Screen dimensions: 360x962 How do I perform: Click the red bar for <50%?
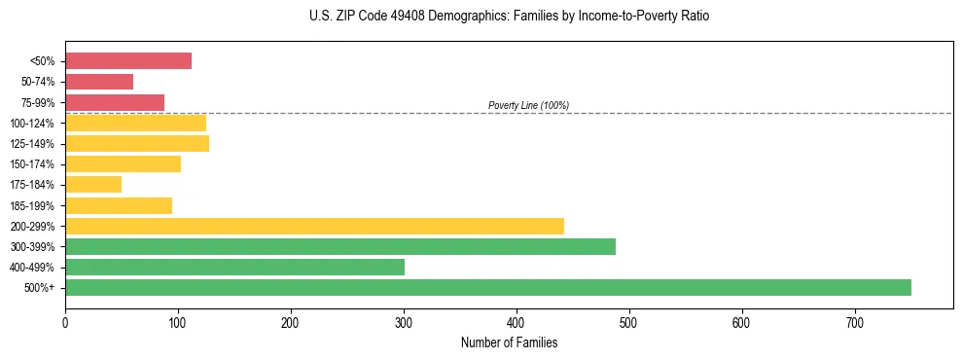[x=128, y=60]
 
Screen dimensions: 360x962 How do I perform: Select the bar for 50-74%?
[x=99, y=82]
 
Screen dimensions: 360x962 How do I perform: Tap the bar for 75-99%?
[x=115, y=102]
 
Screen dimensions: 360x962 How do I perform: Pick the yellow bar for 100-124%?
[x=135, y=123]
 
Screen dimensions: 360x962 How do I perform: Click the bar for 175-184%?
[x=93, y=184]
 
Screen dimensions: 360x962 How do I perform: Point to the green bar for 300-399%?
[x=340, y=246]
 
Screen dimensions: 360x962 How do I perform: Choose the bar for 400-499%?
[x=234, y=267]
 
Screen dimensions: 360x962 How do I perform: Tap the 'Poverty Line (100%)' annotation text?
[x=528, y=105]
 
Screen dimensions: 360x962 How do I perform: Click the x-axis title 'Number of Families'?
[x=509, y=342]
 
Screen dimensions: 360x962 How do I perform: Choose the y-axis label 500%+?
[x=40, y=288]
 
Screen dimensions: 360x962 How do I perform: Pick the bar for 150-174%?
[x=123, y=163]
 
